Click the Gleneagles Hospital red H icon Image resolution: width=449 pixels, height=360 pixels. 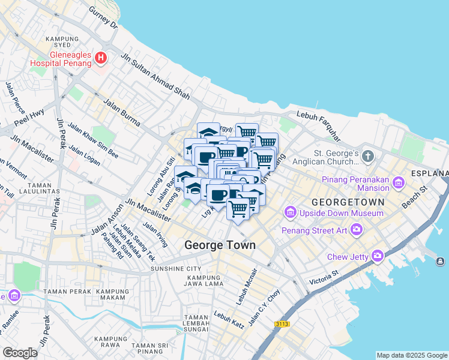[101, 58]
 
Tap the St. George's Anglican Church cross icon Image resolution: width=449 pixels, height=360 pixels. [368, 157]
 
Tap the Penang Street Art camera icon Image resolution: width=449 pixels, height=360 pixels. [357, 229]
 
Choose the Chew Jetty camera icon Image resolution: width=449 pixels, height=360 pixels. [377, 256]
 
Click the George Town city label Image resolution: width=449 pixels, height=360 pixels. [220, 245]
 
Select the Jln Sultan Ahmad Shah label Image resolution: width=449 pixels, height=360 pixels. [156, 77]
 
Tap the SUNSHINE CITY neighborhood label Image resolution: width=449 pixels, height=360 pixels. [176, 268]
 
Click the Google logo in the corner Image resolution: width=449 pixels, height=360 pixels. [20, 352]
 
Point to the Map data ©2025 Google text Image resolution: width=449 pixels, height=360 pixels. [411, 355]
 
